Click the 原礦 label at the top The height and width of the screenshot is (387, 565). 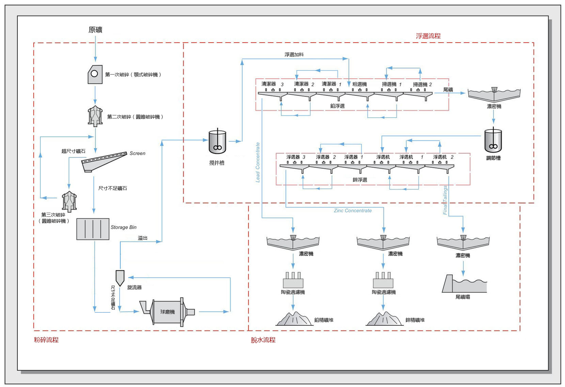tap(95, 30)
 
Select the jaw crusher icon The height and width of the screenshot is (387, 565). tap(95, 75)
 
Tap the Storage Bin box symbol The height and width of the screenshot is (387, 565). tap(93, 229)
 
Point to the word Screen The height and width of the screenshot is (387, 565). tap(137, 154)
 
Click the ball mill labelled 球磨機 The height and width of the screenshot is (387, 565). tap(167, 312)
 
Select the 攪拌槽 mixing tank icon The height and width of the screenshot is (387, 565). tap(217, 142)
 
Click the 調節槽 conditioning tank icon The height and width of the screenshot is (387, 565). tap(493, 141)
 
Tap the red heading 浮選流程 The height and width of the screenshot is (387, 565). tap(428, 36)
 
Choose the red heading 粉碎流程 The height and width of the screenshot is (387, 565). tap(46, 340)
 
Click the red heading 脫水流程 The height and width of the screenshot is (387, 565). tap(263, 340)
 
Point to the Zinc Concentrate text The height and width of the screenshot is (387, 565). tap(352, 211)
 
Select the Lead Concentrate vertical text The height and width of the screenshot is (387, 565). tap(258, 162)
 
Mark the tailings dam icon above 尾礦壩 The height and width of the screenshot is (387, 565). tap(464, 284)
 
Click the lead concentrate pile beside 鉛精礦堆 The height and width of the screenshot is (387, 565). tap(294, 319)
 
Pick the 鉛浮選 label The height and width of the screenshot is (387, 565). tap(337, 106)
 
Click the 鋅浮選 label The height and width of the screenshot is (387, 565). tap(360, 180)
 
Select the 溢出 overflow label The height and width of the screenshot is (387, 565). tap(143, 238)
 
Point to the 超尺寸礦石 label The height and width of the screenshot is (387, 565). tap(73, 151)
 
